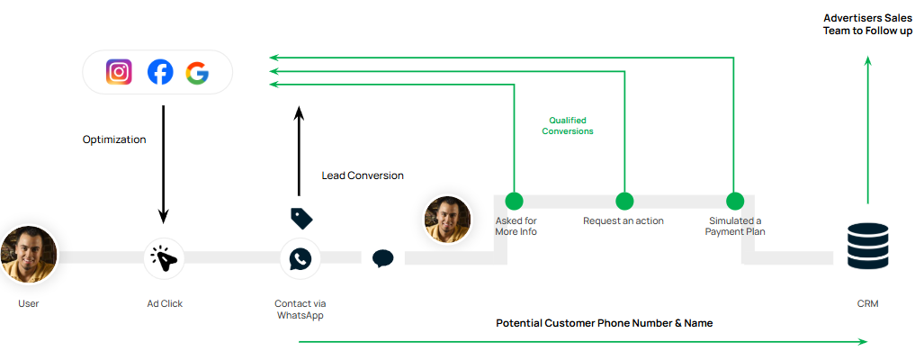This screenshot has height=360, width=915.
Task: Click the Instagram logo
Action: tap(119, 72)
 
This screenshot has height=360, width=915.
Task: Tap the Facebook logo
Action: tap(160, 72)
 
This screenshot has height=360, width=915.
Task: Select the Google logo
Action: tap(198, 72)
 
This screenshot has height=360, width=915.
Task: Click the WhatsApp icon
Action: tap(300, 258)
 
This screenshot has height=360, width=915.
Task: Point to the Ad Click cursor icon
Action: tap(165, 258)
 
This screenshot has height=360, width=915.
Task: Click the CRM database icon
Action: tap(868, 246)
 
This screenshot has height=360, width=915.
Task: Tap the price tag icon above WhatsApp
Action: tap(301, 219)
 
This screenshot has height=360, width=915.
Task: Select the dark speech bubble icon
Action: tap(383, 258)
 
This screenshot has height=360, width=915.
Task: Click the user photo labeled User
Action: tap(29, 254)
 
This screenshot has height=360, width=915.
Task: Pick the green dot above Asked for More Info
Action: tap(514, 201)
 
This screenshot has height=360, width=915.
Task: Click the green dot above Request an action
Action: tap(624, 201)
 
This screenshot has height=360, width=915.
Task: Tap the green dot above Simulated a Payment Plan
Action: tap(735, 201)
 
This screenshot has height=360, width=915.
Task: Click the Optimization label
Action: tap(114, 139)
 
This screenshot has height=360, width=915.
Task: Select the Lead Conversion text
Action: tap(363, 175)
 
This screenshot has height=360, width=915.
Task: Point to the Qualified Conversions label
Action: tap(568, 125)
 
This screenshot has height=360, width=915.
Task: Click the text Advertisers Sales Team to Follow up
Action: tap(867, 24)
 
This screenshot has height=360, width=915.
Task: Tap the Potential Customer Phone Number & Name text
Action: tap(604, 322)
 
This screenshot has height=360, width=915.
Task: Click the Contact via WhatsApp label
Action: tap(301, 309)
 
